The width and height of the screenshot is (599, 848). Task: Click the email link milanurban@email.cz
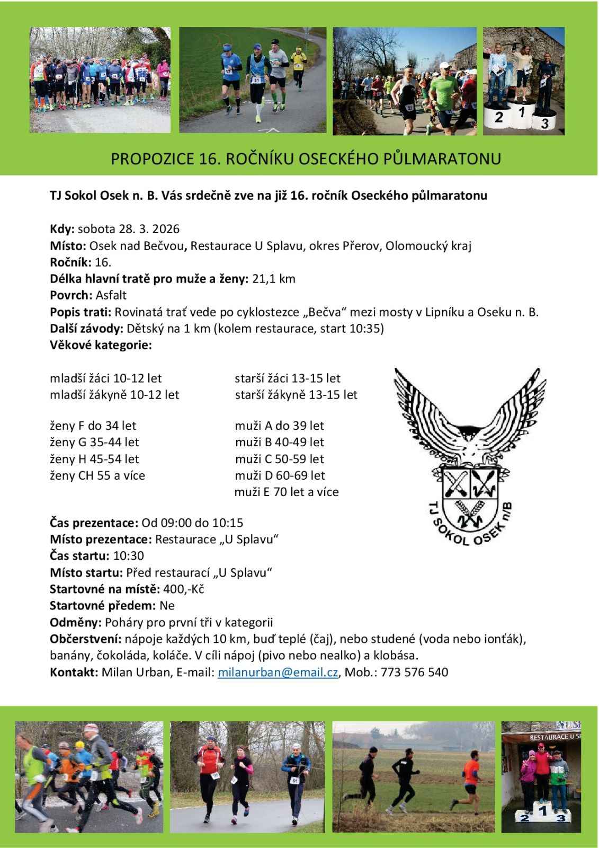278,673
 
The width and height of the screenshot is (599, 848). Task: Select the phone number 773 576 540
414,673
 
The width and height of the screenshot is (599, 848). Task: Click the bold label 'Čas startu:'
80,556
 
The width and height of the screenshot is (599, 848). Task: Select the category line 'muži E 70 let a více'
287,492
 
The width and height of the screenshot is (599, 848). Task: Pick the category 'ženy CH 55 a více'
97,475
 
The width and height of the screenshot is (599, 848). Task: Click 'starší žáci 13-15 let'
288,378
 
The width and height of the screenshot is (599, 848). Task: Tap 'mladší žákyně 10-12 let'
114,395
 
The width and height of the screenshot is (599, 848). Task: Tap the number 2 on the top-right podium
498,118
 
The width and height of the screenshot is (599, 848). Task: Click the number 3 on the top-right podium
544,124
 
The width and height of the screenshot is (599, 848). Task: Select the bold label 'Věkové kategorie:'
101,345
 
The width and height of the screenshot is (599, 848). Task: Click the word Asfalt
111,295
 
